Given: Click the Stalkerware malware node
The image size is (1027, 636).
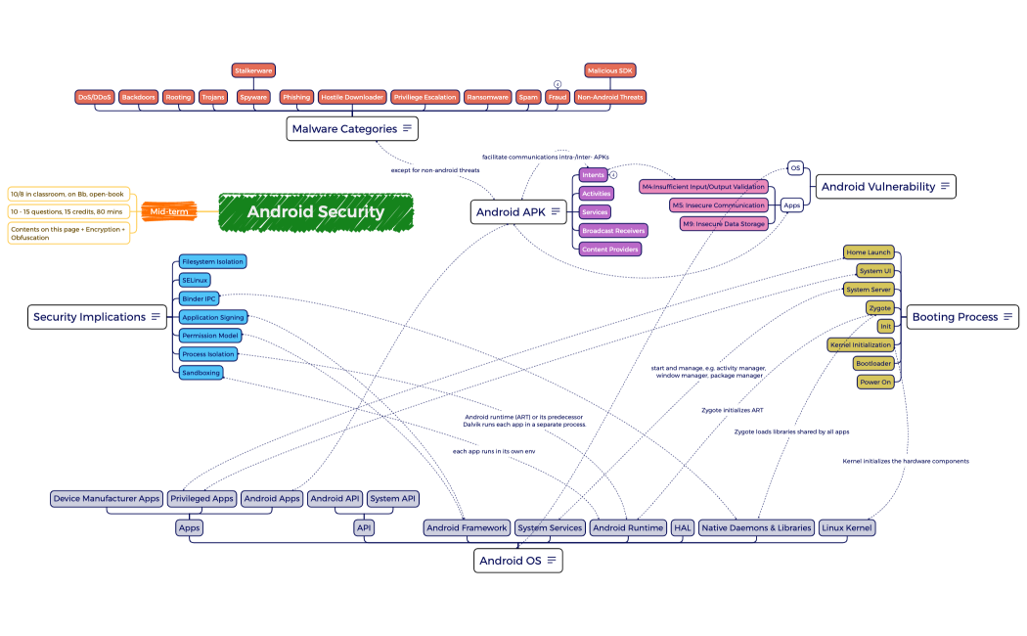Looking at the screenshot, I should (x=253, y=70).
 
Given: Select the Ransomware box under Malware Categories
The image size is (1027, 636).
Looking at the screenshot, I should (x=487, y=97).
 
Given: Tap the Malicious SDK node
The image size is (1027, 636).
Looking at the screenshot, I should (x=610, y=70).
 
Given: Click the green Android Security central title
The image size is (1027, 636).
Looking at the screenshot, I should (x=315, y=212).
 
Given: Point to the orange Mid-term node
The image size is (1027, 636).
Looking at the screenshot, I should (x=168, y=211).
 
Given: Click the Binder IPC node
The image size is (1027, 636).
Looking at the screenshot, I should (x=198, y=298).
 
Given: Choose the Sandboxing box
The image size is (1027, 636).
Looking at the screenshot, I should (x=201, y=373).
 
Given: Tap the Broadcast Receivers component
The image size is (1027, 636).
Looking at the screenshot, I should (x=613, y=231).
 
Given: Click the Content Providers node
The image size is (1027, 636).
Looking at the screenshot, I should (x=610, y=250).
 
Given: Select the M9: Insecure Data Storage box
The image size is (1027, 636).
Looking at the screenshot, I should (x=724, y=224).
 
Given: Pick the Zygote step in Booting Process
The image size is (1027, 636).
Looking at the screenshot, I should (x=879, y=308).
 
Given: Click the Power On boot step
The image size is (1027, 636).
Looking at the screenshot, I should (x=875, y=383).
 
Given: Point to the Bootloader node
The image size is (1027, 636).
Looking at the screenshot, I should (x=873, y=363).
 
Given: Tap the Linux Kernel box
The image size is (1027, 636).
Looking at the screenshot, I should (x=847, y=527).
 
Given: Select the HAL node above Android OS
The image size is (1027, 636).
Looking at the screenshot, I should (x=683, y=527).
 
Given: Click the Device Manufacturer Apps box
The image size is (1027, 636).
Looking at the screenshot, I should (x=107, y=499).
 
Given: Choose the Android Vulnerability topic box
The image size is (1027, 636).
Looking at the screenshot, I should (x=877, y=187).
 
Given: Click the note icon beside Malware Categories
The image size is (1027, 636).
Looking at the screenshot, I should (x=408, y=129).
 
